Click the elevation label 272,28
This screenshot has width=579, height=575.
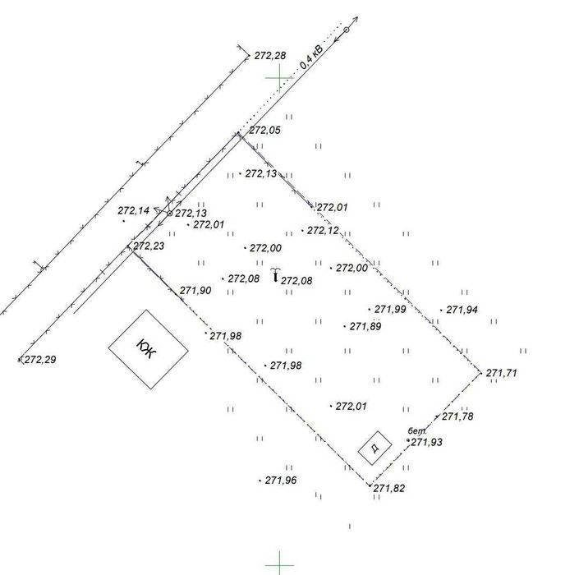tap(270, 56)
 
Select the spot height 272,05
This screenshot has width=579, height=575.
tap(264, 130)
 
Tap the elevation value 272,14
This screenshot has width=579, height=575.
tap(134, 211)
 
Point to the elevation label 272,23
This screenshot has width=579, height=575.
tap(149, 246)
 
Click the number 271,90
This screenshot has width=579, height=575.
tap(195, 290)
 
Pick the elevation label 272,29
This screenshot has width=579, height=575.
tap(39, 360)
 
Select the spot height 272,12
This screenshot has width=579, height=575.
tap(323, 231)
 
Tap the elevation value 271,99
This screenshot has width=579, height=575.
tap(390, 310)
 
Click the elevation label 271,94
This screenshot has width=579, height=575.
tap(462, 310)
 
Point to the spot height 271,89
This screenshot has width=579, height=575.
tap(365, 326)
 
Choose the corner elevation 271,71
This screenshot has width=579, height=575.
tap(502, 373)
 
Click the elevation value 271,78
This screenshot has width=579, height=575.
tap(457, 416)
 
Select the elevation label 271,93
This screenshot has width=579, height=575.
tap(427, 442)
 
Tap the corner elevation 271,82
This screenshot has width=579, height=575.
tap(389, 488)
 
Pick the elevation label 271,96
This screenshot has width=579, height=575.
tap(281, 481)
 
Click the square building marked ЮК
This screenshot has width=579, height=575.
tap(149, 348)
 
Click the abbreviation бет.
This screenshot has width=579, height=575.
tap(416, 430)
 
